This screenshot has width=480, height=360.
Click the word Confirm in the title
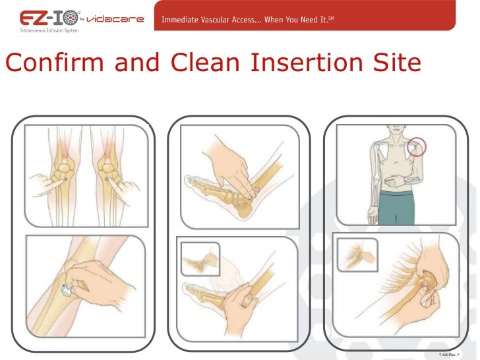click(x=55, y=62)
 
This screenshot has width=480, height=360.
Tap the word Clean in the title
click(x=205, y=62)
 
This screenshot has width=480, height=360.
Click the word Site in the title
click(x=398, y=62)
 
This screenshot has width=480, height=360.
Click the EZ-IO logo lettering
click(x=49, y=18)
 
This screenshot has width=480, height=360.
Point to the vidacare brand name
click(x=115, y=19)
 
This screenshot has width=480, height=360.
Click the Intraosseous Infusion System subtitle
click(x=49, y=30)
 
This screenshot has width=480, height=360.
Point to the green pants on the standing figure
click(x=396, y=208)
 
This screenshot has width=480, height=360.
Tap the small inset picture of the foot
click(x=200, y=259)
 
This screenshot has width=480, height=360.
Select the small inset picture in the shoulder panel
click(x=357, y=255)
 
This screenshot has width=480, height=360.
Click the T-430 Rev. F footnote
click(x=449, y=355)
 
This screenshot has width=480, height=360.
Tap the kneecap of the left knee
click(x=65, y=167)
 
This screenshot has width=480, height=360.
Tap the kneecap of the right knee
click(x=107, y=167)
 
